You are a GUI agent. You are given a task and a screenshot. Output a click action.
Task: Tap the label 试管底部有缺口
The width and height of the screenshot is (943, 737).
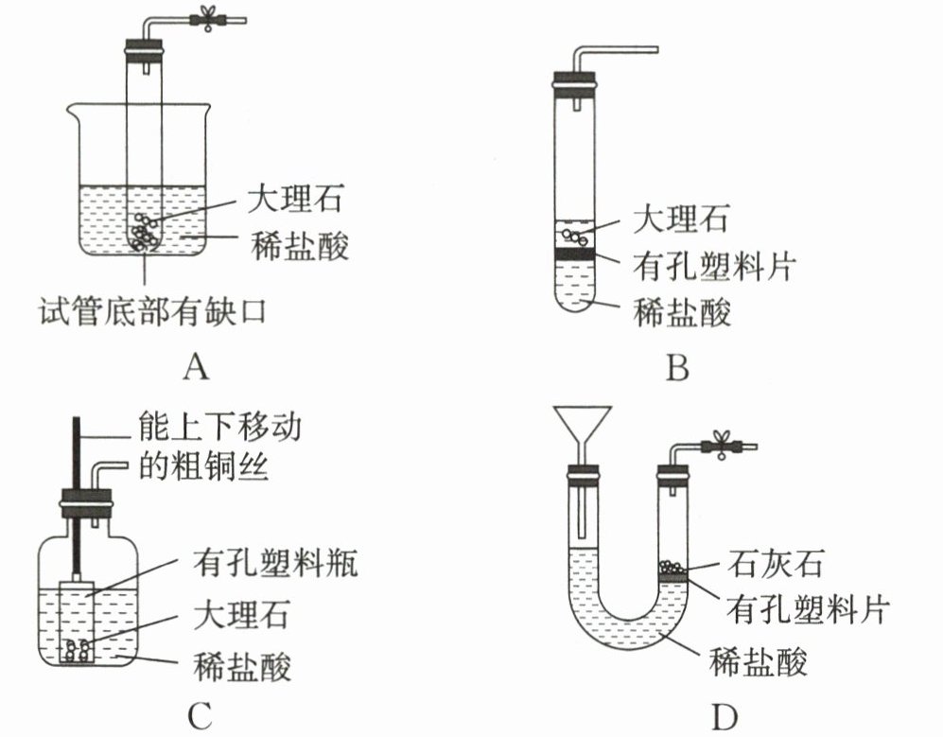[151, 309]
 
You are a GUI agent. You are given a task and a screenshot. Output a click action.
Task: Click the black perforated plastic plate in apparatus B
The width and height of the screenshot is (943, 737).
[574, 254]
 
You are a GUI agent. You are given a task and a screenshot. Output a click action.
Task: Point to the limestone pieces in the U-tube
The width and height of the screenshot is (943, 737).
[672, 565]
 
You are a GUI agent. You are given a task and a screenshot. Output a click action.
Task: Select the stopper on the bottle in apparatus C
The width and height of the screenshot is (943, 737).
[85, 502]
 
